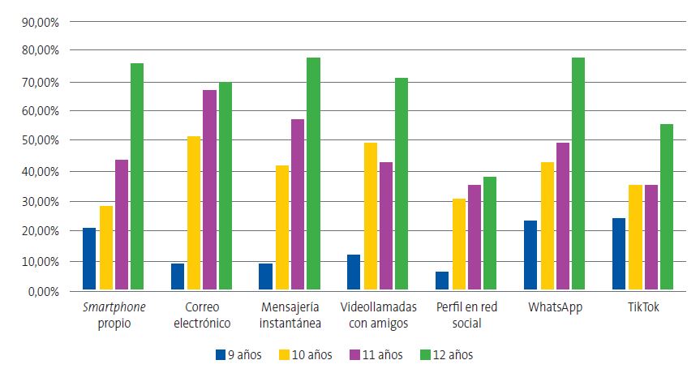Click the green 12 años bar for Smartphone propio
137,176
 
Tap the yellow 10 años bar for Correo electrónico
194,212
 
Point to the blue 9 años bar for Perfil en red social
442,281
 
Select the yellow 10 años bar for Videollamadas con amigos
371,216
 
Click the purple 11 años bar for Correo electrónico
209,190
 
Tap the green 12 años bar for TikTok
666,207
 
